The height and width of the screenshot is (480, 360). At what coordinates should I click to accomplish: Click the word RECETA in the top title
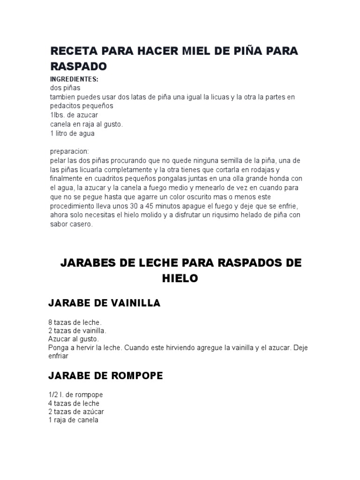tap(72, 51)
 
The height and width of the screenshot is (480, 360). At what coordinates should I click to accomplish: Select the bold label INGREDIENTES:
tap(74, 79)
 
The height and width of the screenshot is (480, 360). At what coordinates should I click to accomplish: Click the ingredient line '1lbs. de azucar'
tap(74, 115)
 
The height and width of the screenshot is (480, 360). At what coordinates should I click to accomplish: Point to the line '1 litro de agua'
tap(73, 133)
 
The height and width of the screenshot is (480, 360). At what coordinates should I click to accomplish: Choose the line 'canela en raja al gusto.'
tap(86, 124)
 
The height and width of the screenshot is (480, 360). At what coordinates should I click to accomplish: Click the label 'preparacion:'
tap(69, 151)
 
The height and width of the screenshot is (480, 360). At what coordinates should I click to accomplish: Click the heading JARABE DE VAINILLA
tap(104, 303)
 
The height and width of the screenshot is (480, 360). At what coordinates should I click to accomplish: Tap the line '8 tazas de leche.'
tap(75, 322)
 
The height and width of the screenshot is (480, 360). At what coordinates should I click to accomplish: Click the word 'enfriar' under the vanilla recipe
tap(59, 356)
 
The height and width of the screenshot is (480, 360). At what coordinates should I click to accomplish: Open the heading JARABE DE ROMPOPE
tap(105, 375)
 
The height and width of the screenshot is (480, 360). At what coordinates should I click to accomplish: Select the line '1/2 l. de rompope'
tap(75, 395)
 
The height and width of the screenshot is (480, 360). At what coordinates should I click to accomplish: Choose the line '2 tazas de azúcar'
tap(76, 412)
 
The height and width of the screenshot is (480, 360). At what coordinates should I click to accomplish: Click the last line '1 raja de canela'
tap(73, 420)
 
